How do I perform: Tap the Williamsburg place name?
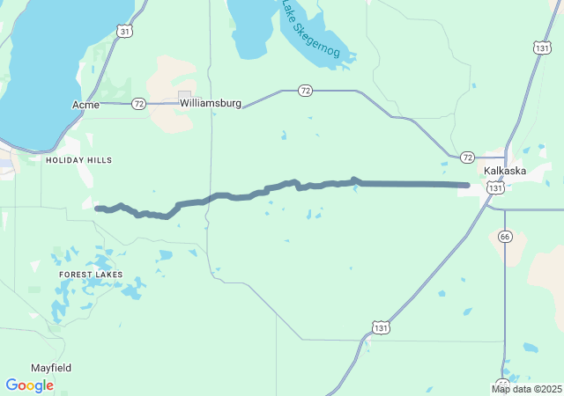(x=211, y=103)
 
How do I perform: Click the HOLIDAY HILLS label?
(x=79, y=160)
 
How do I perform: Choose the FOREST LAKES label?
(x=91, y=275)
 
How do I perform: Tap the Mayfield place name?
(x=51, y=368)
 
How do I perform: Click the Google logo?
(x=29, y=385)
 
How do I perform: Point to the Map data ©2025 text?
(x=526, y=389)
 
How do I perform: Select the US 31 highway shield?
(x=125, y=31)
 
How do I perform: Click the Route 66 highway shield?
(x=504, y=236)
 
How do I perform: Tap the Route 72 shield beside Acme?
(x=138, y=104)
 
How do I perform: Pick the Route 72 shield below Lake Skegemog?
(x=305, y=91)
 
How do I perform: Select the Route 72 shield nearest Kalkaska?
(x=467, y=157)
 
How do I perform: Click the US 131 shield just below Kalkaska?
(x=496, y=188)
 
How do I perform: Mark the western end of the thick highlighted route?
(x=98, y=209)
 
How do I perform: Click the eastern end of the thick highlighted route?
(x=466, y=185)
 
